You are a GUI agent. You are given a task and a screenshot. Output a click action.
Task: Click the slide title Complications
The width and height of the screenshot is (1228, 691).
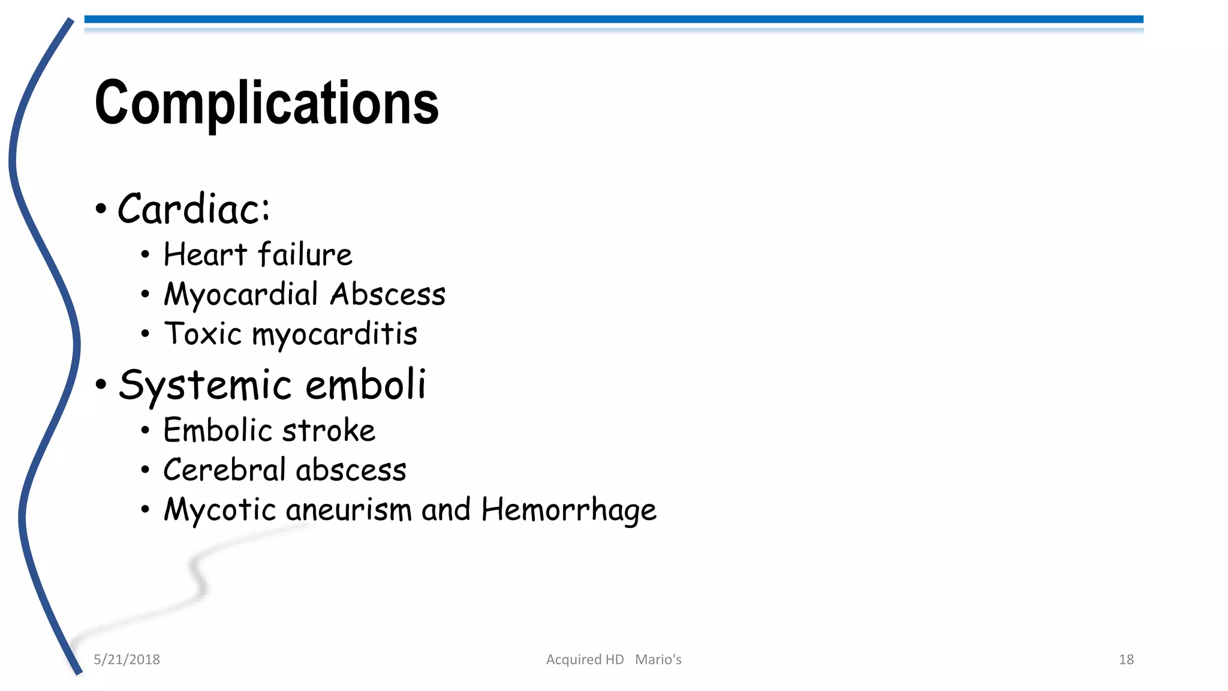pyautogui.click(x=267, y=103)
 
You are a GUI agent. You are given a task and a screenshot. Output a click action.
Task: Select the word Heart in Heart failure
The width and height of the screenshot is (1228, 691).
pyautogui.click(x=205, y=254)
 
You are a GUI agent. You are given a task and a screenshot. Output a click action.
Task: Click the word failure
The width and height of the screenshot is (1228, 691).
pyautogui.click(x=305, y=254)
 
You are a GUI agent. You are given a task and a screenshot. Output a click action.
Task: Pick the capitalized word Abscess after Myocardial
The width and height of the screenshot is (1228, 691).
pyautogui.click(x=388, y=295)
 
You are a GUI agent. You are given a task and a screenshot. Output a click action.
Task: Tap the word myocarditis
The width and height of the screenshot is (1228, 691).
pyautogui.click(x=335, y=335)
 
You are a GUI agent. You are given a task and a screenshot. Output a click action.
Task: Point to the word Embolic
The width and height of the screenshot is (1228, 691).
pyautogui.click(x=218, y=430)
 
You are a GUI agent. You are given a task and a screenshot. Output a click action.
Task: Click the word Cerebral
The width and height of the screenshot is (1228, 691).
pyautogui.click(x=225, y=470)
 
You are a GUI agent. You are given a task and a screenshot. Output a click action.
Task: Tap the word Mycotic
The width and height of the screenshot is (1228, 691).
pyautogui.click(x=220, y=510)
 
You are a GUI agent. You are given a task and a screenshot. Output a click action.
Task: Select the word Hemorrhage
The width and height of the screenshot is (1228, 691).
pyautogui.click(x=568, y=510)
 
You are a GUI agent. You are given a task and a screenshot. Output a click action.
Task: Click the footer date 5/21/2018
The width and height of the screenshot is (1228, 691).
pyautogui.click(x=127, y=659)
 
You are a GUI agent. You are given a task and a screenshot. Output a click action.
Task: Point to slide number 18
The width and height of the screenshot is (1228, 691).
pyautogui.click(x=1126, y=659)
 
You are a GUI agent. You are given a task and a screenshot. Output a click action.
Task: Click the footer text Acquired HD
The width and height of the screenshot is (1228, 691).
pyautogui.click(x=585, y=659)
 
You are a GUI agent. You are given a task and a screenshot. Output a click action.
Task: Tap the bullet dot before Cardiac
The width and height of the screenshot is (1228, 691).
pyautogui.click(x=101, y=209)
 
